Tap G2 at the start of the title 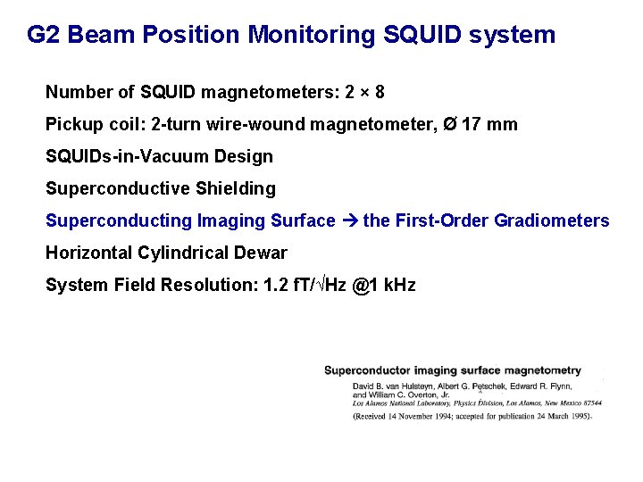click(43, 35)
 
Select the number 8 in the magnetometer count click(380, 92)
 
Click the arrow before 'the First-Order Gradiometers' click(349, 220)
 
